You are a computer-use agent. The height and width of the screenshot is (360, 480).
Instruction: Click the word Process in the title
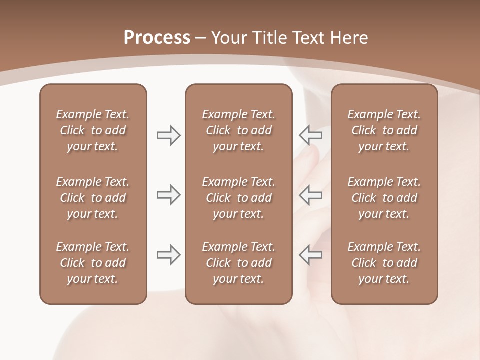pos(157,38)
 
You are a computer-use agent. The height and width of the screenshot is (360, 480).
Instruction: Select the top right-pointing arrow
pos(168,135)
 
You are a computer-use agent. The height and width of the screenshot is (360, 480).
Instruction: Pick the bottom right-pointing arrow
pos(168,254)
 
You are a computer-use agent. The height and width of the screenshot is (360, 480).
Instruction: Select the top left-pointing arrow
pos(310,135)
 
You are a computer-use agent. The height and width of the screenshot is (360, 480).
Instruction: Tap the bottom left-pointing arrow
pos(310,254)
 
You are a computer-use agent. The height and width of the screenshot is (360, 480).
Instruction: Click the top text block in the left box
pos(93,130)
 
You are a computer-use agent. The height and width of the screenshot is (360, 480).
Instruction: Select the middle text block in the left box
pos(93,198)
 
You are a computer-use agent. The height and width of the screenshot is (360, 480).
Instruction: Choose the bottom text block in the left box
pos(93,263)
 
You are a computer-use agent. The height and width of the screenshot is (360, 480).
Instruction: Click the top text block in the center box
pos(238,130)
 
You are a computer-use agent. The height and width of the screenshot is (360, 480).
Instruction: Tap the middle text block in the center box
pos(238,198)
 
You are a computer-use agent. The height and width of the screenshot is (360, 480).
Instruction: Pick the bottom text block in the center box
pos(238,263)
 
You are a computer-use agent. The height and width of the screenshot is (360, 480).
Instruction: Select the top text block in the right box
pos(384,130)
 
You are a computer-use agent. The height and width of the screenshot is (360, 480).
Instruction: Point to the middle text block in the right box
pos(384,198)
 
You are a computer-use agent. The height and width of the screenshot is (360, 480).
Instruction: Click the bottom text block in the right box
pos(384,263)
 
